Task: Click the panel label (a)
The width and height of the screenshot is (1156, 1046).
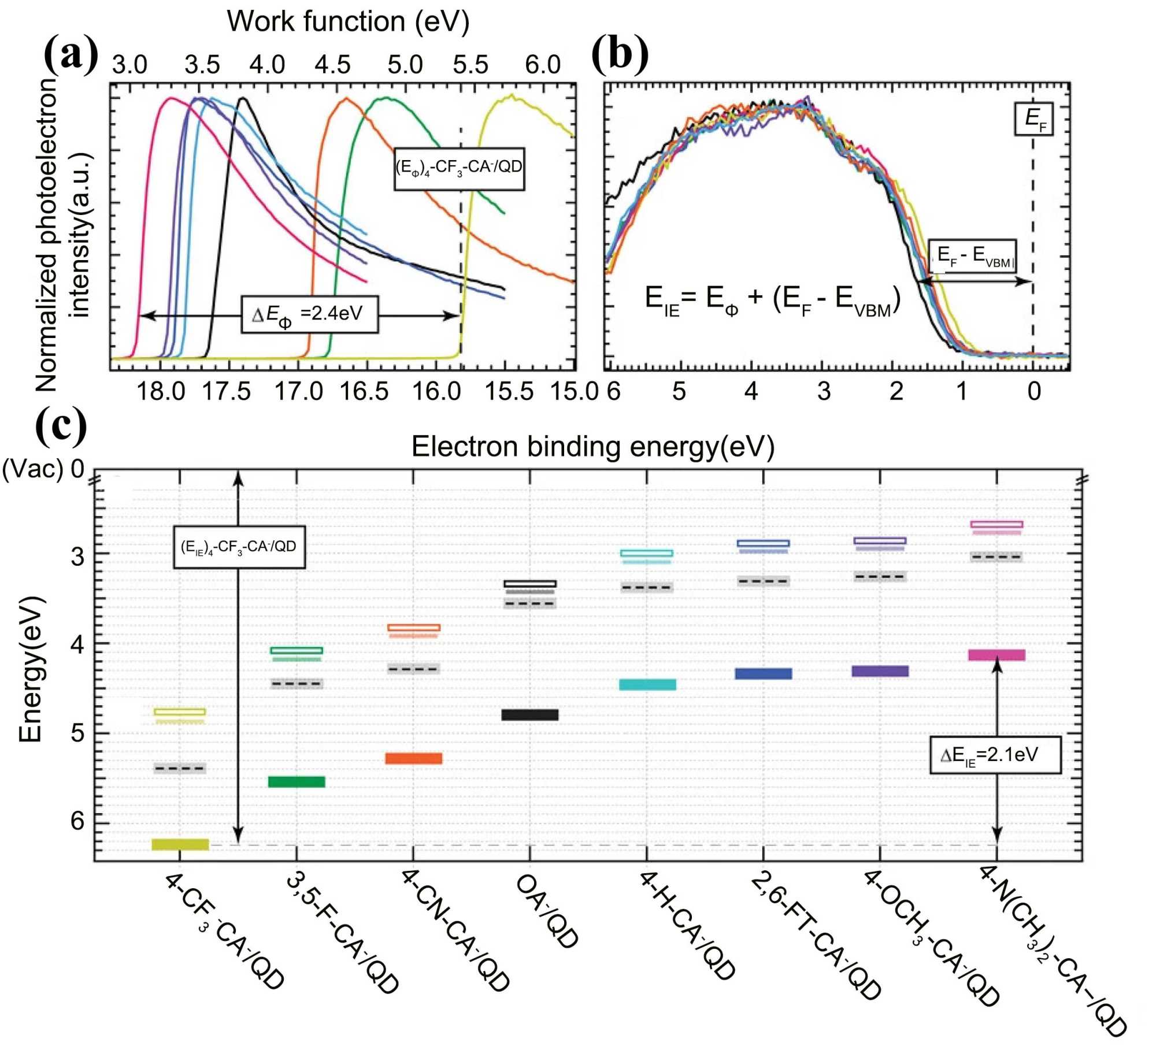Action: point(71,54)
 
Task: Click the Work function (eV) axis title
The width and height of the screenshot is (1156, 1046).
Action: point(348,22)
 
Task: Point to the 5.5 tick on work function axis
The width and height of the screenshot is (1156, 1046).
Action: point(470,65)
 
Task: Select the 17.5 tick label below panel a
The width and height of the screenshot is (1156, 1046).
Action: point(226,391)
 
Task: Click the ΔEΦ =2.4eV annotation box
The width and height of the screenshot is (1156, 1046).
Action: point(310,315)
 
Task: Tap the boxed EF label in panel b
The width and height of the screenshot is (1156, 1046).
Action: point(1033,119)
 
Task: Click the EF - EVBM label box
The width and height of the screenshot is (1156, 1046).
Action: point(972,255)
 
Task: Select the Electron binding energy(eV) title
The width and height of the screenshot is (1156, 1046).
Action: point(592,447)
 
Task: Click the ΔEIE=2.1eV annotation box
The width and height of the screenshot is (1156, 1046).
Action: point(995,755)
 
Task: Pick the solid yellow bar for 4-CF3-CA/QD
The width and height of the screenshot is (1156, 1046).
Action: point(180,844)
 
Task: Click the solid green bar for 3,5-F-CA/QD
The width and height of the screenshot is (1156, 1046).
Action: point(297,782)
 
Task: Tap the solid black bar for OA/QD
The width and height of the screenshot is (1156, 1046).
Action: point(530,715)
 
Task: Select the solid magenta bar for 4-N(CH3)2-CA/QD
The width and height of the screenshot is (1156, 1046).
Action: point(997,655)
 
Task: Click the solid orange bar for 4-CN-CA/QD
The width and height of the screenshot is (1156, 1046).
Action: point(414,758)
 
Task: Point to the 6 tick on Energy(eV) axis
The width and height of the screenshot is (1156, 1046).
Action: point(77,821)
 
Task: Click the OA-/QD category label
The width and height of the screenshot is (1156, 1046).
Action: point(547,911)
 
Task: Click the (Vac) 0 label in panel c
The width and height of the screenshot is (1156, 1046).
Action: point(43,469)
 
